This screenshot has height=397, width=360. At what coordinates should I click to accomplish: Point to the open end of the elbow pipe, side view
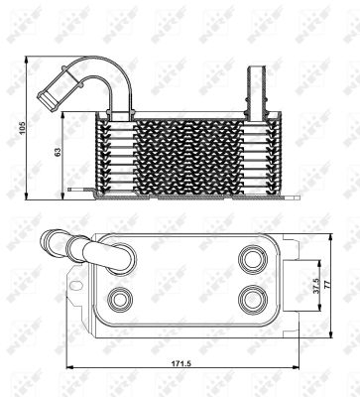[x=47, y=96]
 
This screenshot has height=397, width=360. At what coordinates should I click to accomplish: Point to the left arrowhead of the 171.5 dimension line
[x=68, y=371]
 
